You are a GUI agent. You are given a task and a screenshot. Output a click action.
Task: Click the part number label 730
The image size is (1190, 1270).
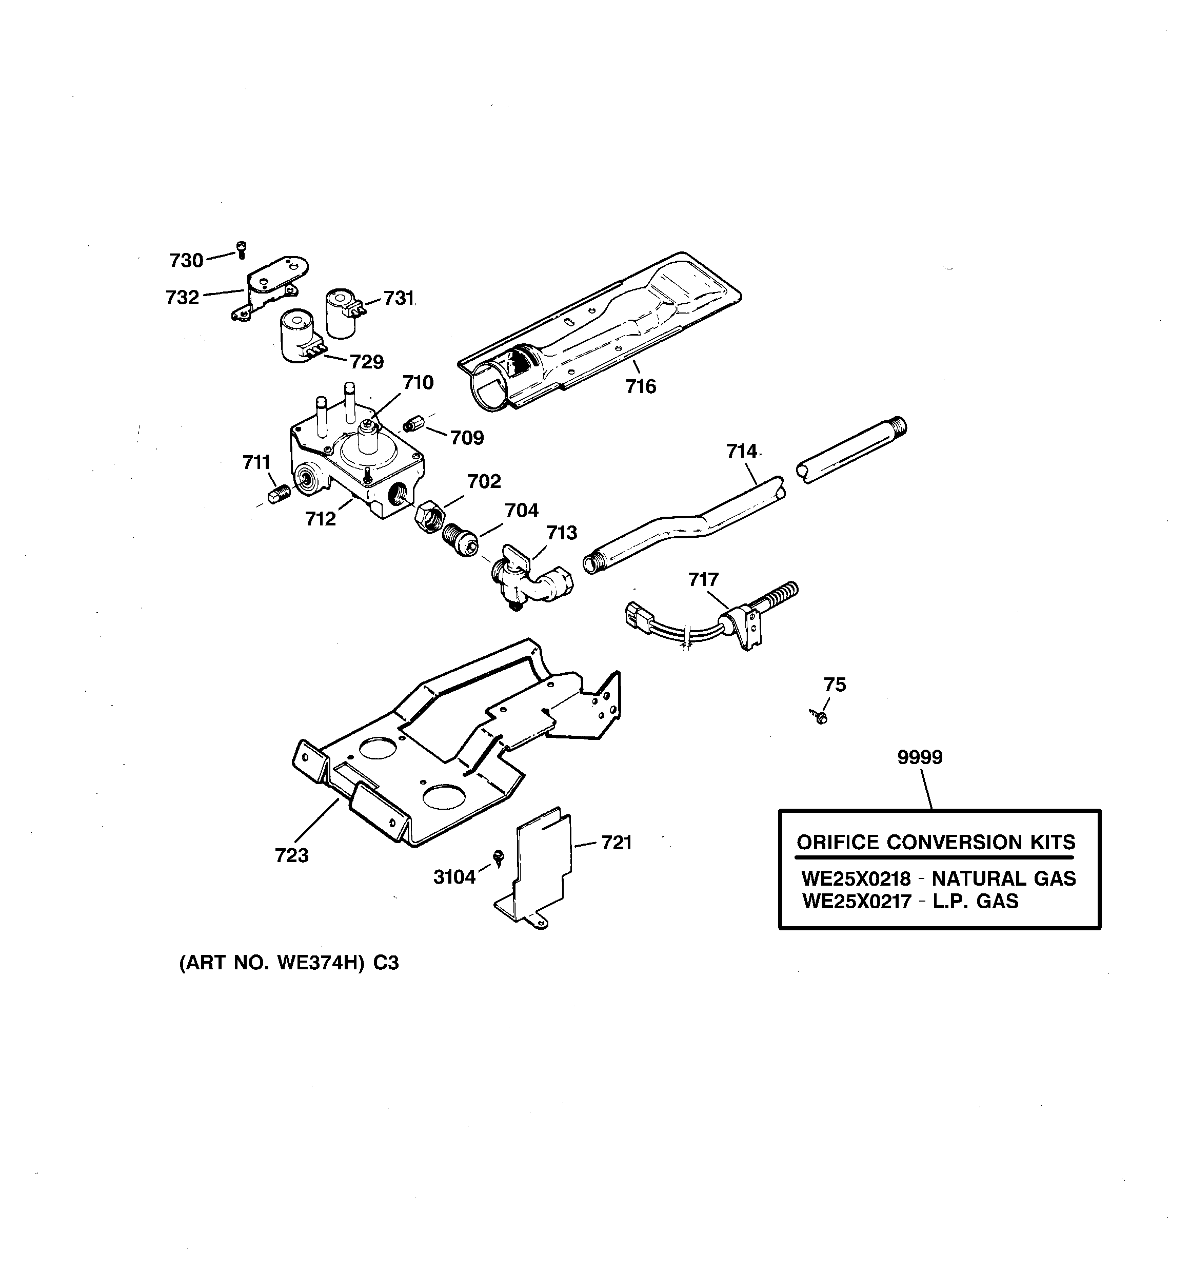[186, 260]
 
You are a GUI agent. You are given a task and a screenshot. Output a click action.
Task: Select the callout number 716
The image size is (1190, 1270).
[641, 386]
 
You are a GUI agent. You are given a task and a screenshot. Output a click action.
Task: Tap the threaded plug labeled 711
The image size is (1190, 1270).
[279, 494]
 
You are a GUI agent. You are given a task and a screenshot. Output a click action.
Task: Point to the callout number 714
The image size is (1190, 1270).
[742, 451]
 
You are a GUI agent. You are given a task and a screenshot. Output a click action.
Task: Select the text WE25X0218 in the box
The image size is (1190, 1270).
[856, 878]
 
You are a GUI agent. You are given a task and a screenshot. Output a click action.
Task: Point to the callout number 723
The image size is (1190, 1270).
[292, 855]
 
